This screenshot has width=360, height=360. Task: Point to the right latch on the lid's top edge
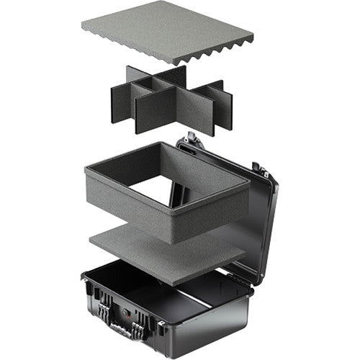tap(257, 169)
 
